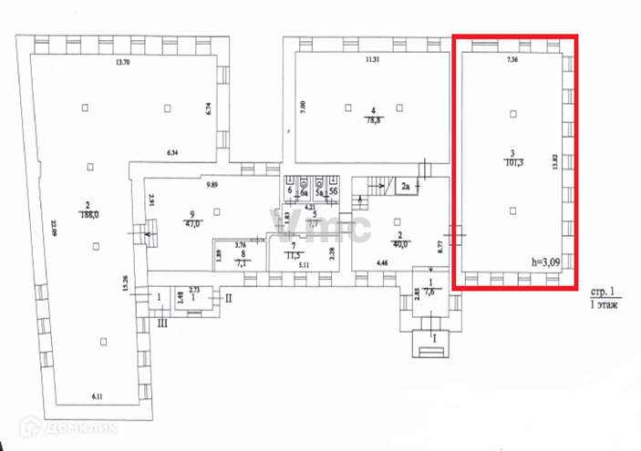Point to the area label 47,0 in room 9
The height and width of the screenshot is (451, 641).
click(192, 221)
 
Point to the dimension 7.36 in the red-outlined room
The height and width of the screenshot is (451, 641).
click(512, 60)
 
